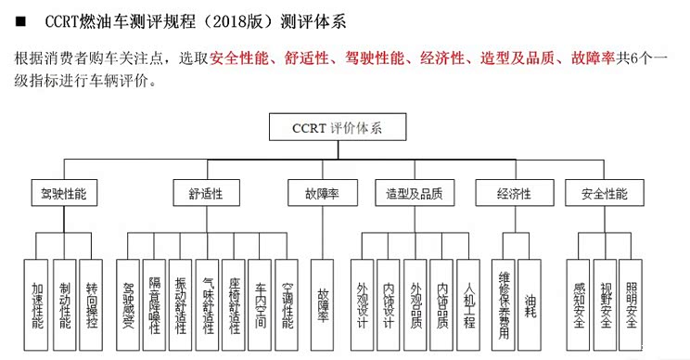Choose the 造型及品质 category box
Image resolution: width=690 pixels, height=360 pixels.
point(414,195)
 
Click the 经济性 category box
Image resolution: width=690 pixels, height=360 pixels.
point(514,195)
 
